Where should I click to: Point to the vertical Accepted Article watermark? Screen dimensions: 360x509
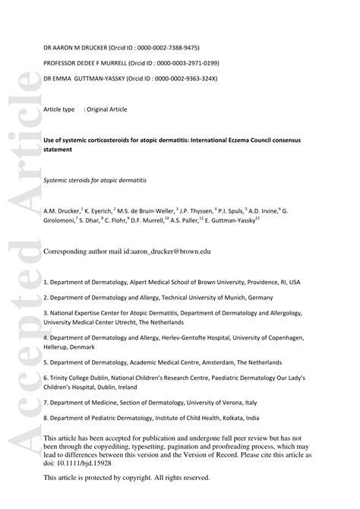pyautogui.click(x=21, y=289)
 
